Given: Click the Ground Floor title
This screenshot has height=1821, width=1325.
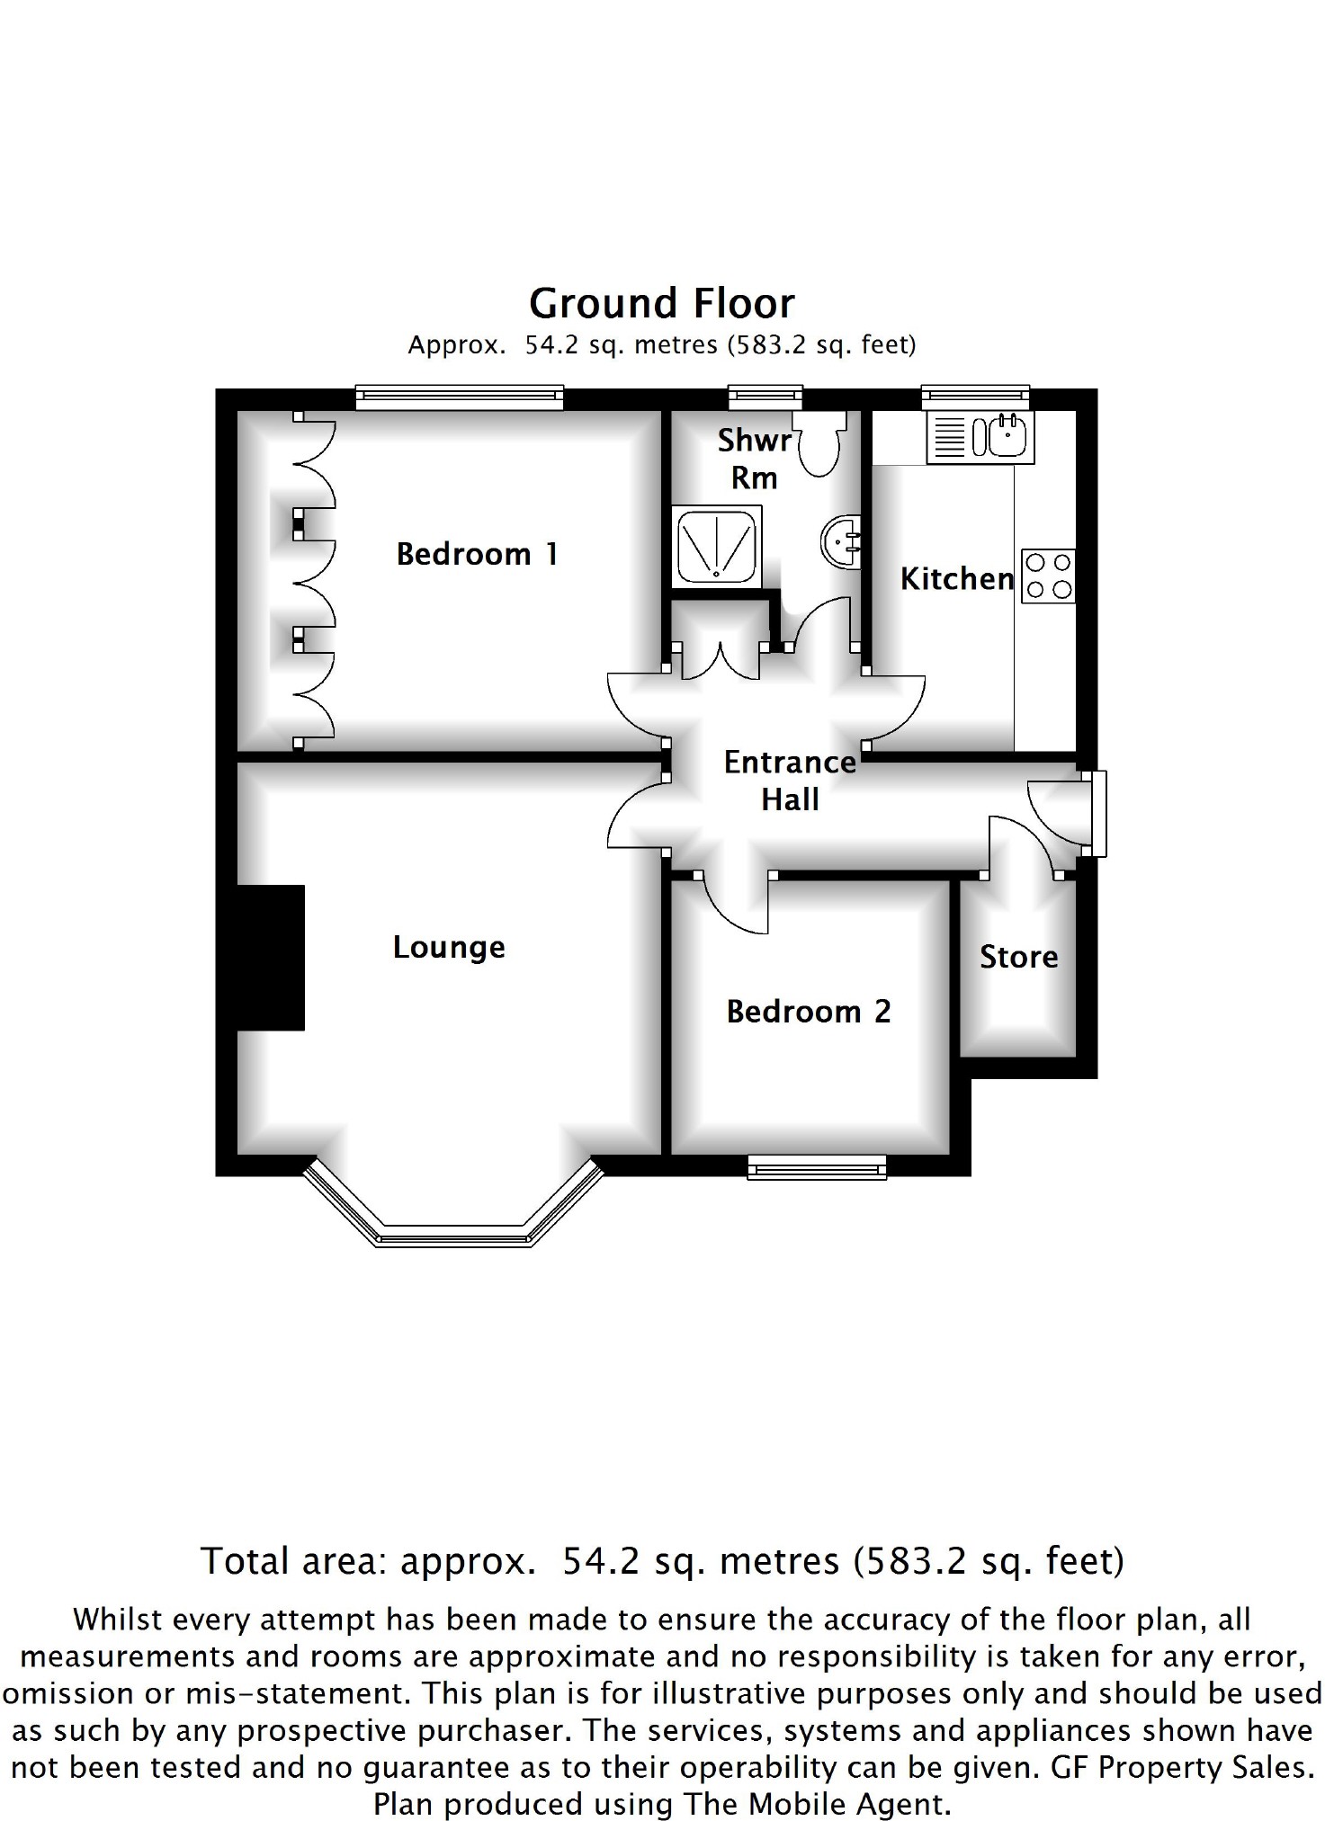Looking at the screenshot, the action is point(662,304).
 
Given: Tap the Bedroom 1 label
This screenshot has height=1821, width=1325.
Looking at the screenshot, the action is point(478,554).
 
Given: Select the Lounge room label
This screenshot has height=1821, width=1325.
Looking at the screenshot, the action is point(449,948).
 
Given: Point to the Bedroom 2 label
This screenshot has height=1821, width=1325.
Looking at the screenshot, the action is point(809,1012).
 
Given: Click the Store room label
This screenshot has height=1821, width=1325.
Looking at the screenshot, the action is point(1018,957).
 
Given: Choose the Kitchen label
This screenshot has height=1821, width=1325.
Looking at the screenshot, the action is point(957,578).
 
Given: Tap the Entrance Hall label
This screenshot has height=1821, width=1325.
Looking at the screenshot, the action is point(790,781).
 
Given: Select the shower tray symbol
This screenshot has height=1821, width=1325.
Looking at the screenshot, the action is point(717,546).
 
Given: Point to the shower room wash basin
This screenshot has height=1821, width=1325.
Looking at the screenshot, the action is point(842,541).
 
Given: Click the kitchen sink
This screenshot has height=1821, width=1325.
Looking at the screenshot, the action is point(980,437).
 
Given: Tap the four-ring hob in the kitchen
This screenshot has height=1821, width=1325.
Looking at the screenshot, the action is point(1048,576).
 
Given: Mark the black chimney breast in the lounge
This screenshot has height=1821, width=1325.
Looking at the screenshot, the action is point(270,958).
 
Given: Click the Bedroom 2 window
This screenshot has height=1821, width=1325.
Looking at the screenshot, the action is point(817,1167).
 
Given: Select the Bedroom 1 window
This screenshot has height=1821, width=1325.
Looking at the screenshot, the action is point(460,397).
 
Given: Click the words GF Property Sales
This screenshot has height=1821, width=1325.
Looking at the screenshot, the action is point(1180,1767).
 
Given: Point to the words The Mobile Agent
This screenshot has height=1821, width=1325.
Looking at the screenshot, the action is point(816,1804).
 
